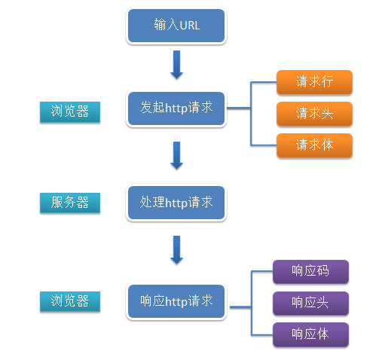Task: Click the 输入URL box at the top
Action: click(x=176, y=26)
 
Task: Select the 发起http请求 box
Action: click(x=176, y=108)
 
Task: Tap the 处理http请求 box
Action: click(x=176, y=203)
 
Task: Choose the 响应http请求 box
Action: click(x=176, y=301)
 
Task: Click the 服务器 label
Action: click(x=70, y=203)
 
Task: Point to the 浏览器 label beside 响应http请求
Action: click(x=70, y=301)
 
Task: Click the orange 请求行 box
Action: click(x=314, y=81)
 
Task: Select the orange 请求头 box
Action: click(x=314, y=113)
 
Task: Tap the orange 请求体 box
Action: click(x=314, y=145)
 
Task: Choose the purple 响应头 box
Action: click(x=310, y=303)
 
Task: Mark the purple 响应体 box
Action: click(x=310, y=334)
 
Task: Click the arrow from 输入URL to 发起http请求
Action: click(x=176, y=65)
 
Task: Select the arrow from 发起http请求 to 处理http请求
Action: click(x=176, y=155)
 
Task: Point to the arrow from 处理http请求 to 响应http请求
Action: click(x=176, y=250)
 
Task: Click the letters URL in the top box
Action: click(x=188, y=26)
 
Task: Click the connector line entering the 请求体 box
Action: click(x=264, y=145)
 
